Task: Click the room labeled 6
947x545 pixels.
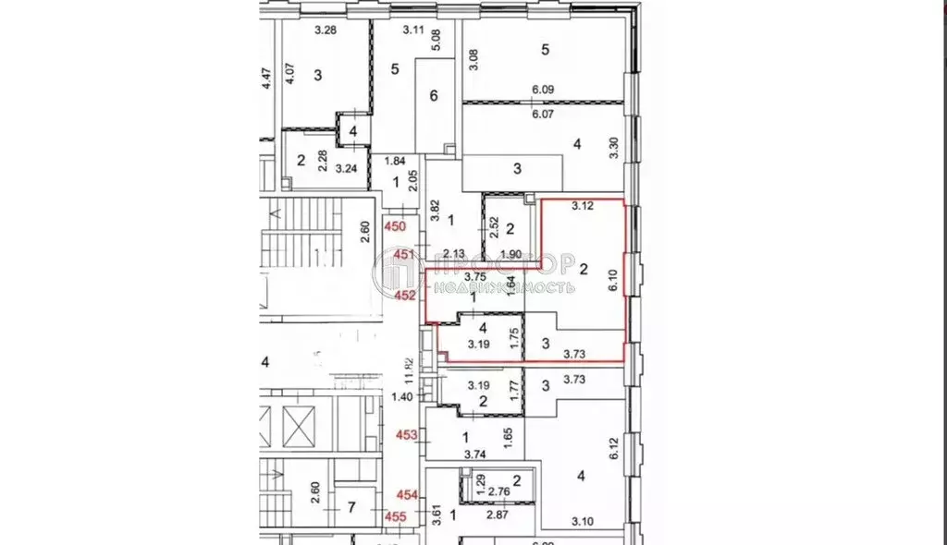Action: (x=432, y=95)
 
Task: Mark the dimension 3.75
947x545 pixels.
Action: (x=476, y=275)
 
